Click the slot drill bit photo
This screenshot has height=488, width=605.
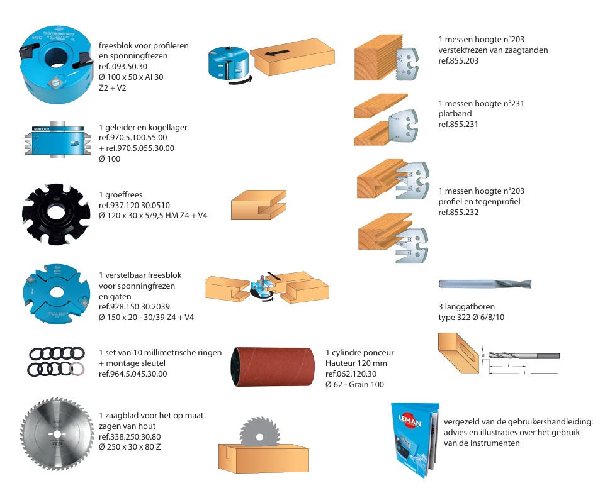485,284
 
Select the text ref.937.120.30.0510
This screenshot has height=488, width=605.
134,205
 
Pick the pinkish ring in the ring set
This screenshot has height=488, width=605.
78,369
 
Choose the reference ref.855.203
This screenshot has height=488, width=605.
458,61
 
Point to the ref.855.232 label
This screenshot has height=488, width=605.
458,213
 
